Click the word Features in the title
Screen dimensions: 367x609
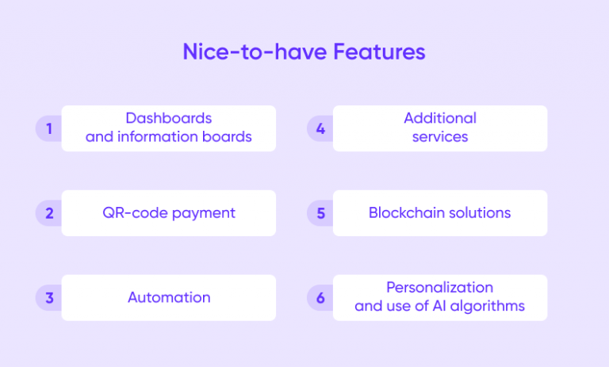point(379,52)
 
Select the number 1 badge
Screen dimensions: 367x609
point(48,128)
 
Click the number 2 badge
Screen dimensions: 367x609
point(48,213)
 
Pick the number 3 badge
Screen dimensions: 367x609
point(48,298)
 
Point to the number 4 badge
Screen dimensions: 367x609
point(320,128)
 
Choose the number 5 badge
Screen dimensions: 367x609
point(320,213)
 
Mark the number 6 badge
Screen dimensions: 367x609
point(320,298)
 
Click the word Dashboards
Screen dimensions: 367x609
point(169,118)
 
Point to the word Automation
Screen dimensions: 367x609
point(169,298)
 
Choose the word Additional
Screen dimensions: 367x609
point(440,118)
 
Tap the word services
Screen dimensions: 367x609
point(440,137)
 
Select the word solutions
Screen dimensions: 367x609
point(480,213)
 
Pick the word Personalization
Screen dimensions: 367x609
point(440,287)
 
